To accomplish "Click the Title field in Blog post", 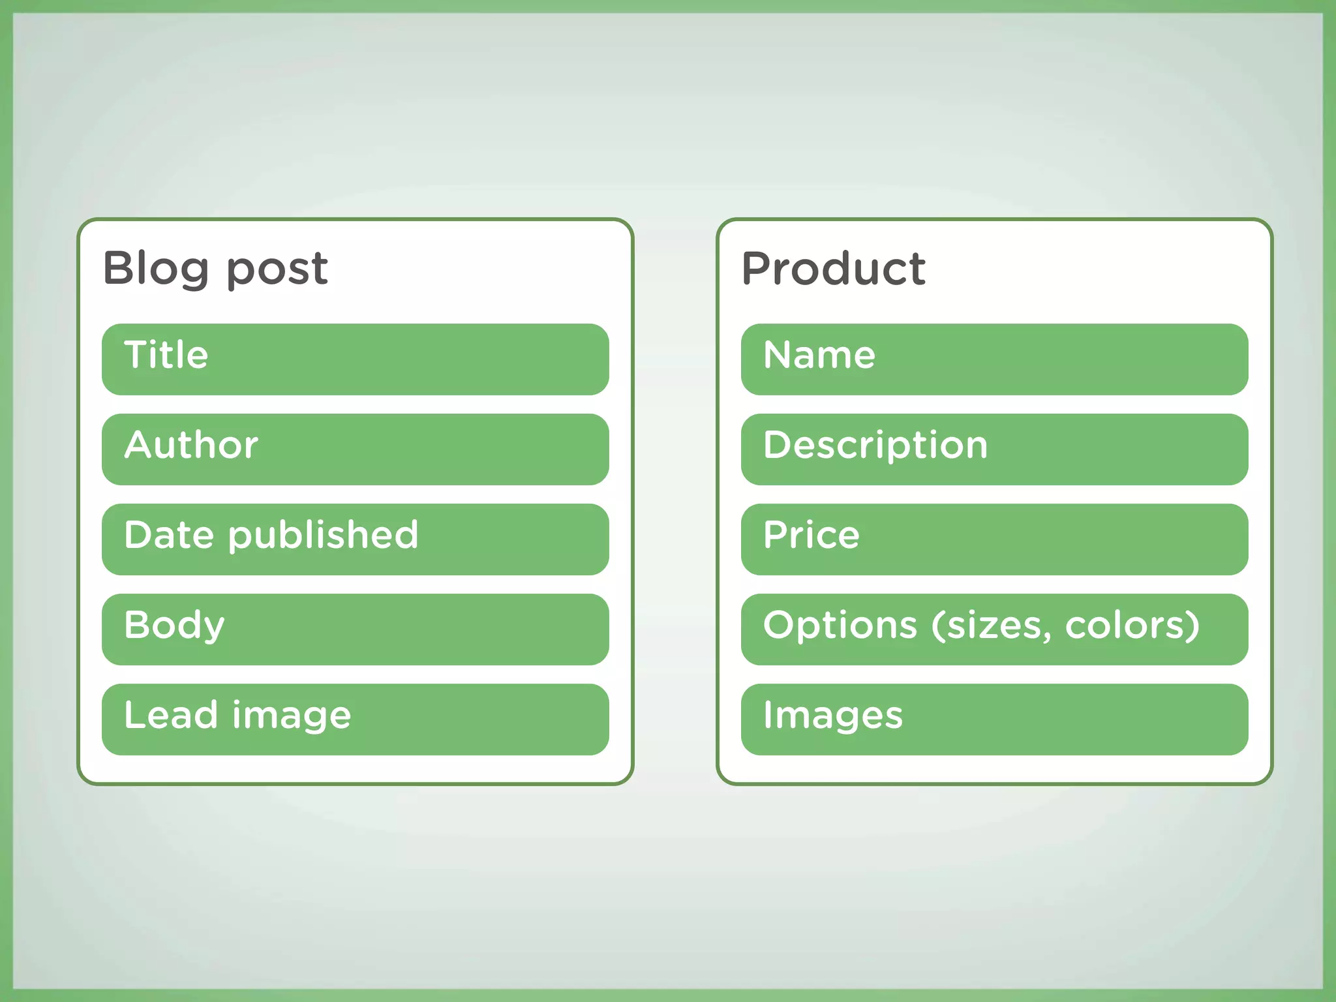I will (355, 359).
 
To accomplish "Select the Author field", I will (355, 449).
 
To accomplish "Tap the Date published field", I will (355, 539).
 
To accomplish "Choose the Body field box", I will (355, 629).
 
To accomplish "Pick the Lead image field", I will (355, 719).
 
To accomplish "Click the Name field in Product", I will (994, 359).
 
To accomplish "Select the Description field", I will (994, 449).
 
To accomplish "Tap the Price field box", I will (994, 539).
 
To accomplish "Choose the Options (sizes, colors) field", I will (994, 629).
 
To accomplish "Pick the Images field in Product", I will (994, 719).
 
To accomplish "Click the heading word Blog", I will (155, 268).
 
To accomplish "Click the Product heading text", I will (833, 268).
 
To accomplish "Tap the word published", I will (323, 536).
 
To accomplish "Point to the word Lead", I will (170, 715).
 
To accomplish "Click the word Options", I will (840, 626).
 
